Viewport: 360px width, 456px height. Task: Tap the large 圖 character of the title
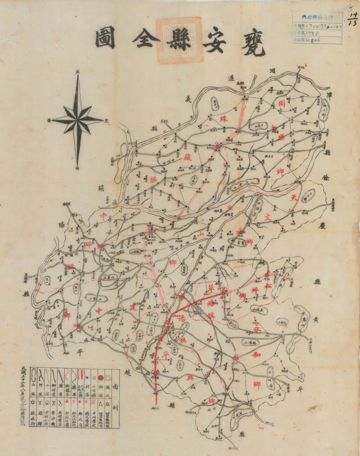click(105, 39)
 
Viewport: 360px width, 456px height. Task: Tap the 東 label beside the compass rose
click(107, 120)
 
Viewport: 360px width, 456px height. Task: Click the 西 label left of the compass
click(48, 120)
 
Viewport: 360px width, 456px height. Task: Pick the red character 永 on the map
click(256, 330)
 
